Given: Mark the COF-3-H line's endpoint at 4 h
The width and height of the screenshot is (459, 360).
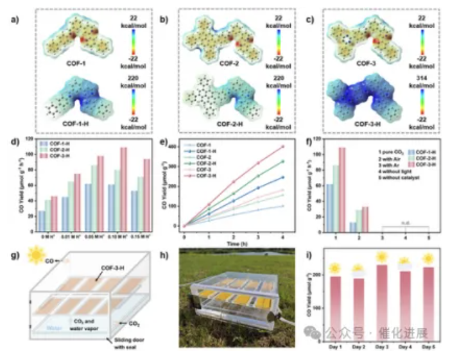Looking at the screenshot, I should (x=282, y=147).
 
